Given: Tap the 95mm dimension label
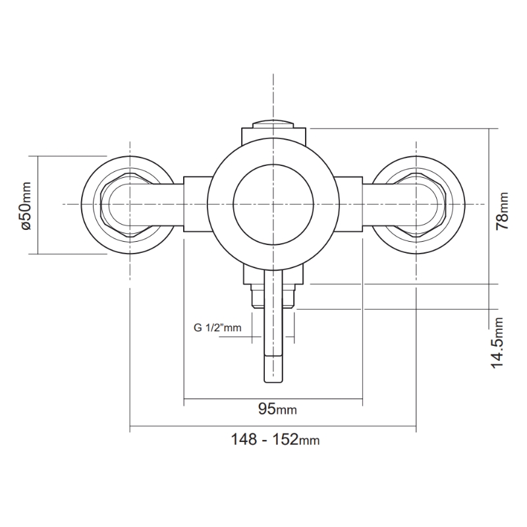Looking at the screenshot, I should tap(277, 410).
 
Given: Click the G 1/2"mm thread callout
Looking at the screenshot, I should tap(218, 327).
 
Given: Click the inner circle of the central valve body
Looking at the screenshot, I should tap(273, 204).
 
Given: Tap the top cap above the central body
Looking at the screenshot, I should tap(273, 123).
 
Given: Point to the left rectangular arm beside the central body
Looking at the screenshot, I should tap(196, 205).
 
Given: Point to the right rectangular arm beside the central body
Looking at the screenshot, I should tap(349, 205).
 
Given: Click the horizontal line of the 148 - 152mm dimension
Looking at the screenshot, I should tap(198, 430).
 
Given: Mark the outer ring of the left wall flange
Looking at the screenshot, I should tap(85, 205).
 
